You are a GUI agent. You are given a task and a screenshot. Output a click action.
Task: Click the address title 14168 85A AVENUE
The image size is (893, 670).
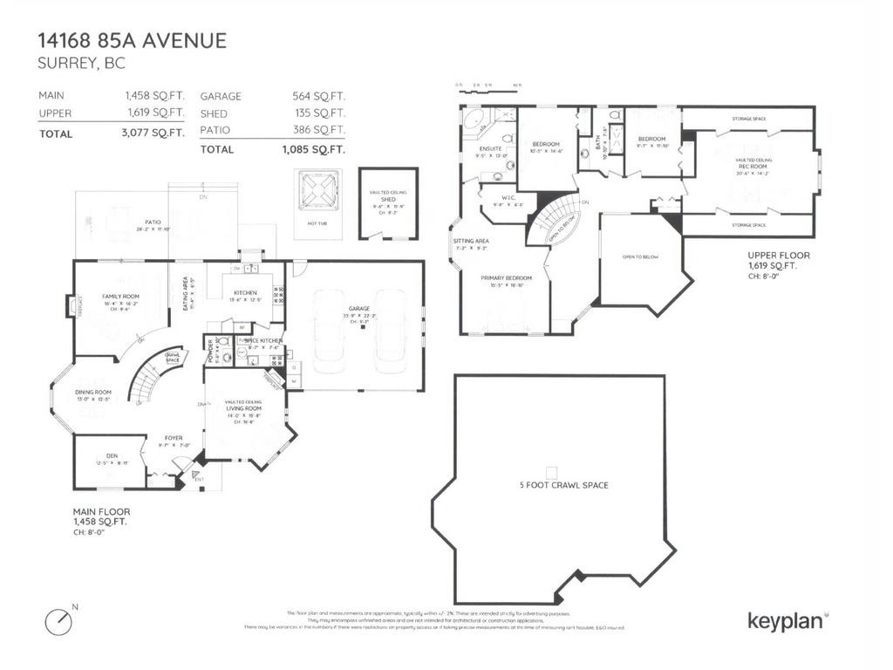132,40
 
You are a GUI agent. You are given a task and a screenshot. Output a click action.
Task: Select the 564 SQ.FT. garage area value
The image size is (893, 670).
318,97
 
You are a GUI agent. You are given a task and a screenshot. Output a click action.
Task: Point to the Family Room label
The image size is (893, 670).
120,297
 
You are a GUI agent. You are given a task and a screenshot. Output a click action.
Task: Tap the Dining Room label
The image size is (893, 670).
94,393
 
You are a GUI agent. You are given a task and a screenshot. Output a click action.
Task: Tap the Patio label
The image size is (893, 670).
153,222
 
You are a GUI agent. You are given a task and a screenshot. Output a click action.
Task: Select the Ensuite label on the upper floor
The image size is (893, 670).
488,148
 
